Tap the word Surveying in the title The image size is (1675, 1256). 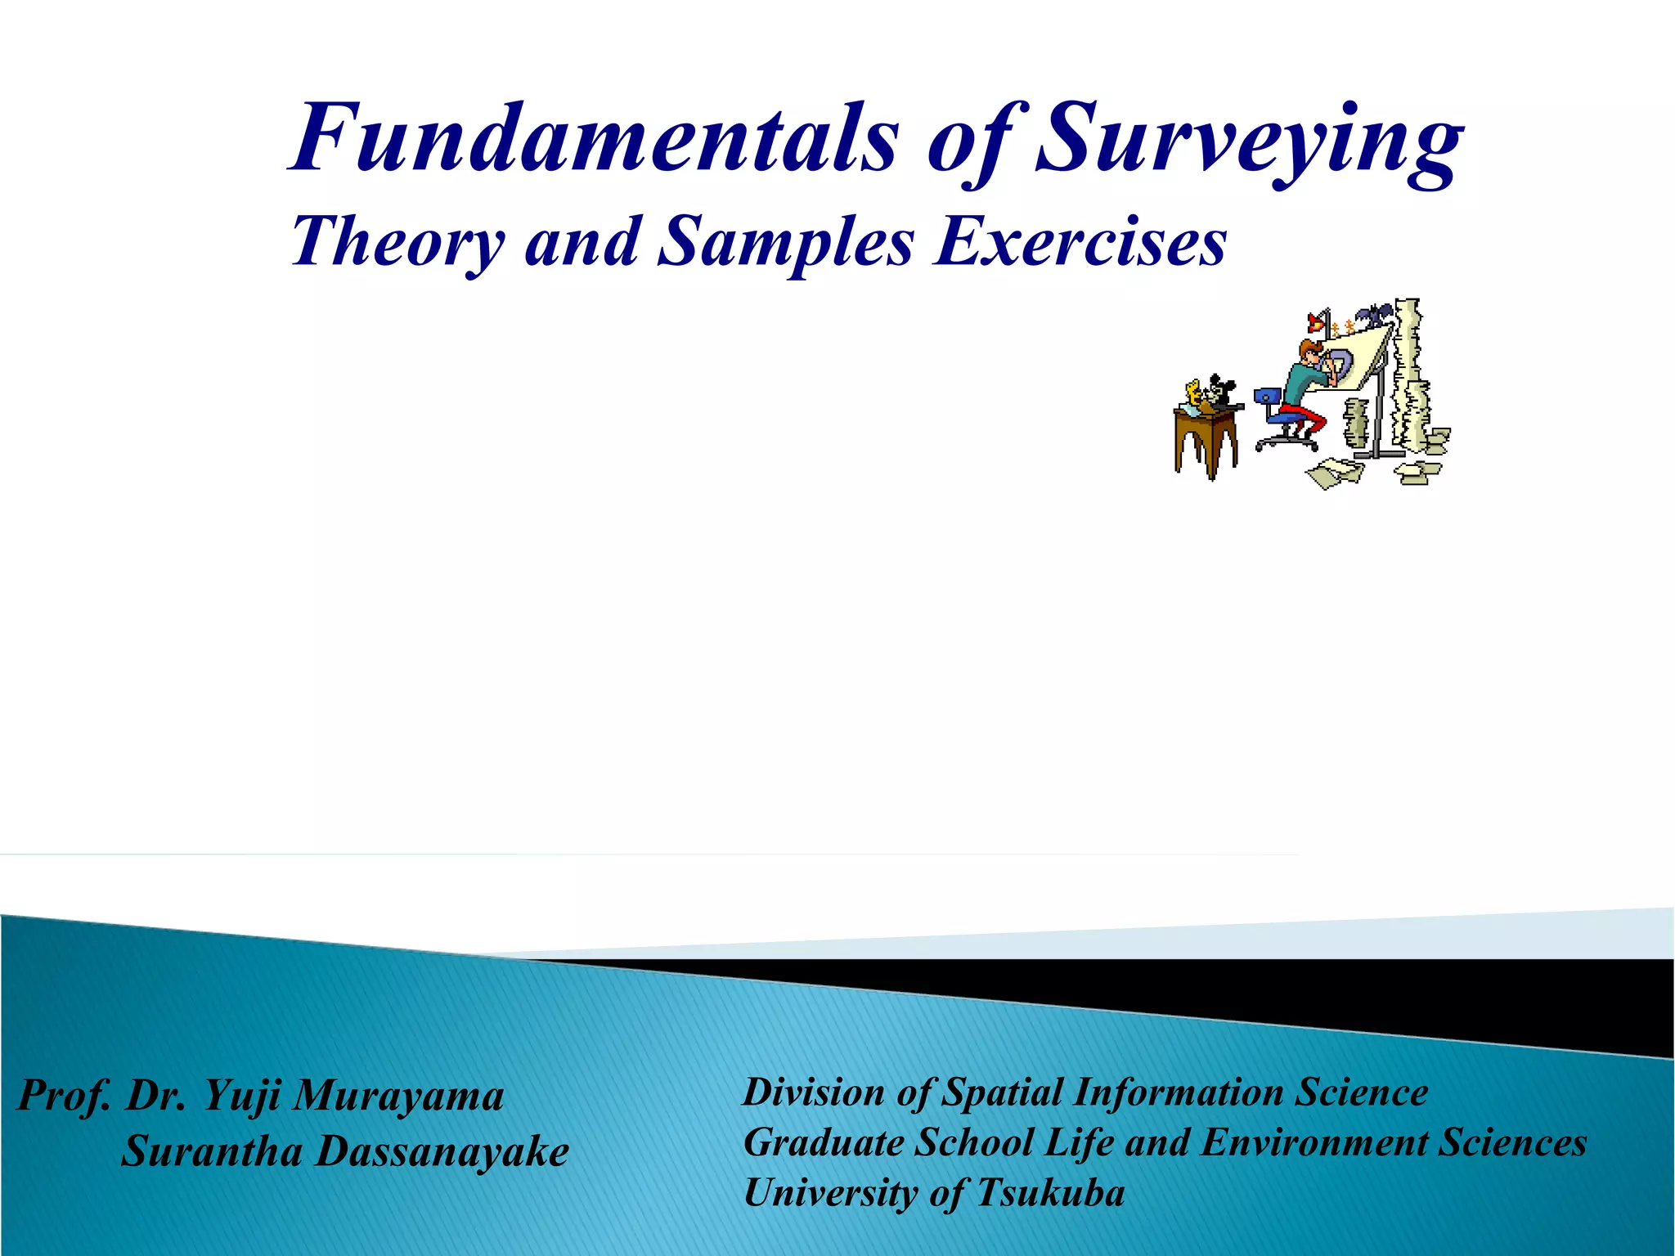coord(1249,141)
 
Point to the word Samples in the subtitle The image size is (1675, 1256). coord(786,243)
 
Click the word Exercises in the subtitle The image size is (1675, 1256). coord(1081,243)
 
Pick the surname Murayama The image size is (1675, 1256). coord(398,1096)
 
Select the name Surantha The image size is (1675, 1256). coord(212,1151)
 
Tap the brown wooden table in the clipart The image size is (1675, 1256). coord(1205,442)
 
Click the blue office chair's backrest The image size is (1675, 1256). coord(1264,398)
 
